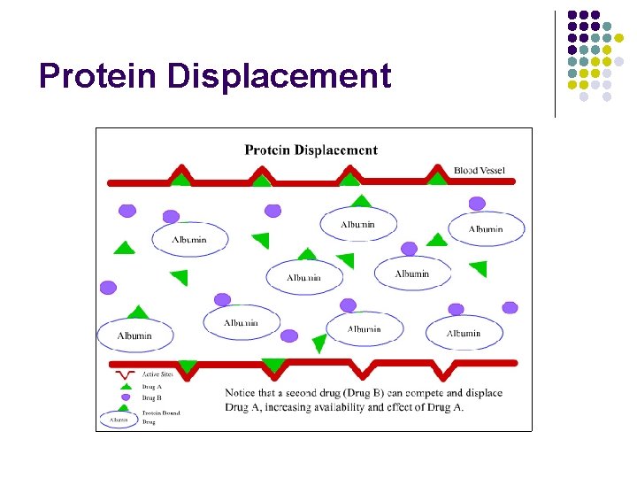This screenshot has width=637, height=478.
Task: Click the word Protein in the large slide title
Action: [x=98, y=77]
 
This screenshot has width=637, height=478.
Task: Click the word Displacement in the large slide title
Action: [x=279, y=77]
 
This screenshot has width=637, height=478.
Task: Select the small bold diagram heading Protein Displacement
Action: [x=311, y=150]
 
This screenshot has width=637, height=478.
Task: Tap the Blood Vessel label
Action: [x=480, y=170]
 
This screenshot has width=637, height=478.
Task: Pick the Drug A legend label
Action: [x=152, y=386]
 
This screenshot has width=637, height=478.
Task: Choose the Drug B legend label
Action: [x=152, y=397]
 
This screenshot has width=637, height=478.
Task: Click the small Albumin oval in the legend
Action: [x=119, y=419]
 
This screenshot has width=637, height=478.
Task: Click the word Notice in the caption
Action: [x=244, y=393]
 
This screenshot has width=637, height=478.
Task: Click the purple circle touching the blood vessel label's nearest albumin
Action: [x=477, y=204]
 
